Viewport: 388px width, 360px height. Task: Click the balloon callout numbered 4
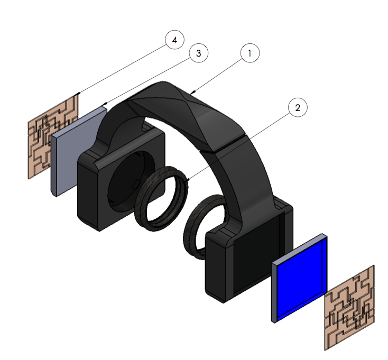click(174, 40)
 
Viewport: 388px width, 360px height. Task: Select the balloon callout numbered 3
click(199, 53)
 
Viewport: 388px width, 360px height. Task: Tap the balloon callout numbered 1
click(250, 53)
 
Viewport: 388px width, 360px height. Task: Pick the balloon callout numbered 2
click(298, 107)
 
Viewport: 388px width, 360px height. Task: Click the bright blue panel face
click(300, 279)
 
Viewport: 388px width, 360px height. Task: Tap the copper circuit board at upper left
click(53, 137)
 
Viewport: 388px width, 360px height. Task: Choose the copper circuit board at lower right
click(349, 308)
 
